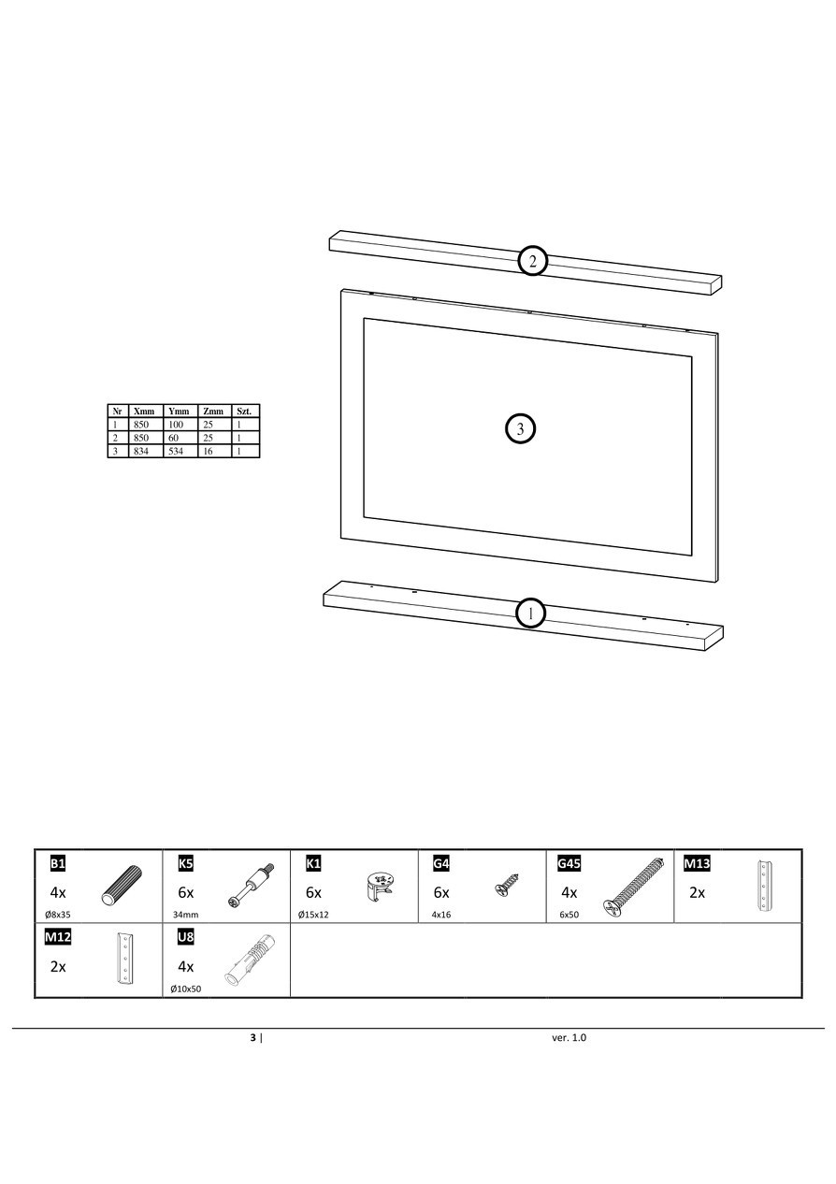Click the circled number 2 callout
click(532, 261)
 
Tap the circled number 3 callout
click(521, 428)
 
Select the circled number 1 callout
click(530, 614)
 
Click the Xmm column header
click(144, 412)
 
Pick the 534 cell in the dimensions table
click(176, 451)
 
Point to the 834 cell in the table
click(141, 451)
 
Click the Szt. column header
click(244, 412)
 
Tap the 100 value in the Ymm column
click(176, 425)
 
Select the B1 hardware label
click(57, 864)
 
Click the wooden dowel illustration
click(122, 887)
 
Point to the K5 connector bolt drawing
click(250, 886)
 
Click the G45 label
click(569, 864)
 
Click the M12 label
click(58, 937)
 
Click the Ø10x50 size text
click(186, 989)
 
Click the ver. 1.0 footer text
click(569, 1037)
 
